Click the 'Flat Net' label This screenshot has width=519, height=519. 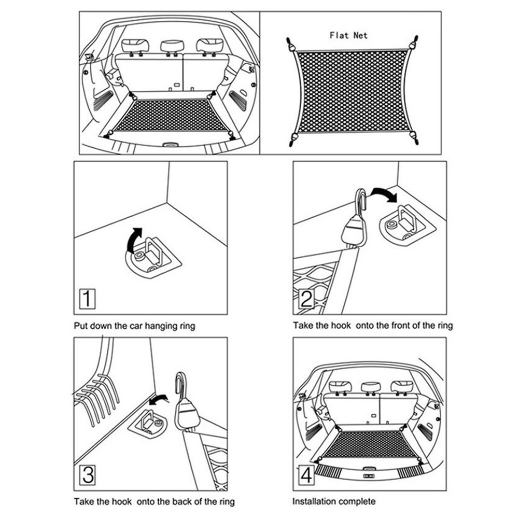coord(348,35)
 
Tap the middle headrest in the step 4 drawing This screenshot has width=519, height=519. coord(369,387)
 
